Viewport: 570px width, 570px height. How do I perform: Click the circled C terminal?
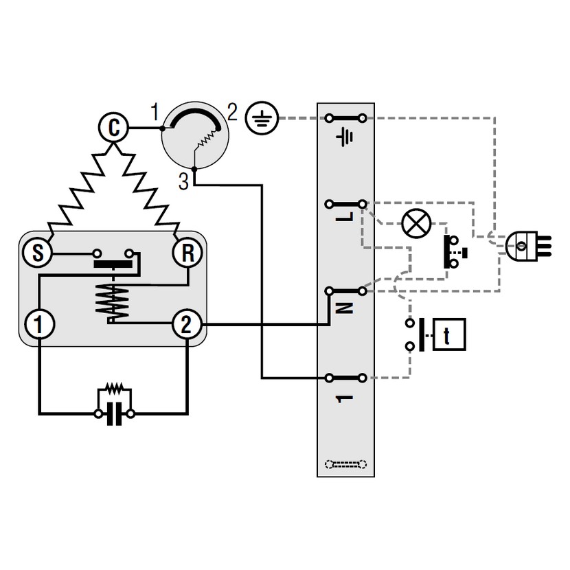[114, 127]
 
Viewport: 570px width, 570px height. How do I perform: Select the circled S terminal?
[38, 253]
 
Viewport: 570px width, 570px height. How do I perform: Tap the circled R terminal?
[187, 253]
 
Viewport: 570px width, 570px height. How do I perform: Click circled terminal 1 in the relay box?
[38, 323]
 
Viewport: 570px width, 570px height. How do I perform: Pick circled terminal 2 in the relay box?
[187, 323]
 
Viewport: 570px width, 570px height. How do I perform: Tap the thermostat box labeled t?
[447, 336]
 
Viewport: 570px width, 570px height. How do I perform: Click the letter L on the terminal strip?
[346, 216]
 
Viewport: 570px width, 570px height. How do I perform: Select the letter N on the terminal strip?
[346, 307]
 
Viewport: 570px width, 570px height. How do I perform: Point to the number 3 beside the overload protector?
[183, 181]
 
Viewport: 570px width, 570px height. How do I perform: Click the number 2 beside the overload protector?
[232, 113]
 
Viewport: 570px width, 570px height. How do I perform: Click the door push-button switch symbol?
[454, 252]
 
